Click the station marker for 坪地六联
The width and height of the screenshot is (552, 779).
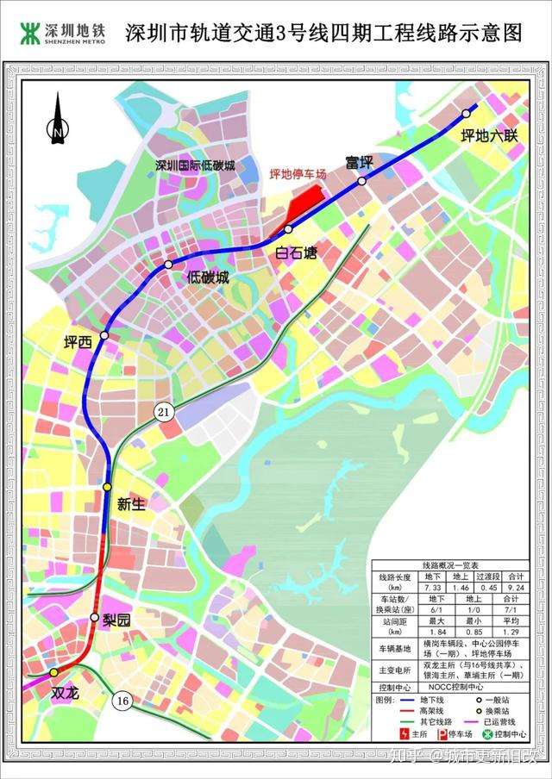click(x=467, y=113)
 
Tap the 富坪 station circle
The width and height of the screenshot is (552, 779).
click(x=362, y=181)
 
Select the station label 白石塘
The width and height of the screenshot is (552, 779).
click(x=297, y=252)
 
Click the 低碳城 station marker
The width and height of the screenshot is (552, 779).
click(x=169, y=264)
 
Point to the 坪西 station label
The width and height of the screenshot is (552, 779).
click(x=78, y=342)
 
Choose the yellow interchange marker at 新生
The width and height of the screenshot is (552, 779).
click(x=107, y=488)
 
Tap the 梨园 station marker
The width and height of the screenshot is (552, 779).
click(x=95, y=617)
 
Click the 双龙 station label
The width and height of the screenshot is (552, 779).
click(x=66, y=691)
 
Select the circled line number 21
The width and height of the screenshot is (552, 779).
click(x=164, y=413)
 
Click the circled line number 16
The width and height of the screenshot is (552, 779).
click(x=122, y=701)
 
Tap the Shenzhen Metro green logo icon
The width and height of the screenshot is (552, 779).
click(x=31, y=33)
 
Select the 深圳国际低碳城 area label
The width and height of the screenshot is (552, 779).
click(x=195, y=165)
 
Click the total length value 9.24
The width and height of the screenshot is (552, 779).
click(x=519, y=585)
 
